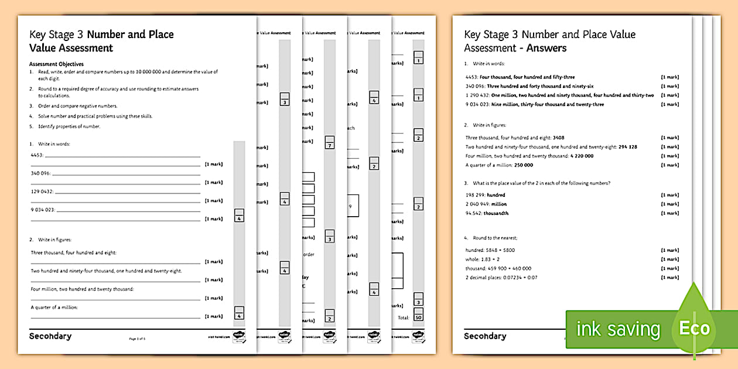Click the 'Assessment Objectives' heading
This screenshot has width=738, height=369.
click(x=56, y=64)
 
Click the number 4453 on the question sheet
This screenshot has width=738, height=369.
click(x=37, y=155)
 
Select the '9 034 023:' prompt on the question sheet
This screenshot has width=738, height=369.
click(x=42, y=210)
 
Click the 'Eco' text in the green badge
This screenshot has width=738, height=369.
click(x=694, y=329)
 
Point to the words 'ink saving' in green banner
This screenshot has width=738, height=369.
click(x=618, y=329)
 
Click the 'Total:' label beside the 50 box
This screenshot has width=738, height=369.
click(x=403, y=317)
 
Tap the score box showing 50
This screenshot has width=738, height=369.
click(x=418, y=317)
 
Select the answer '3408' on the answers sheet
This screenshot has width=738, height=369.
click(x=559, y=138)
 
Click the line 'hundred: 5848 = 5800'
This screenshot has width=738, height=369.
click(x=490, y=250)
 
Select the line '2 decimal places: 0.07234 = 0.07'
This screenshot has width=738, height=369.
click(x=501, y=278)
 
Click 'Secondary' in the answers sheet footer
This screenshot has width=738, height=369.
click(x=485, y=336)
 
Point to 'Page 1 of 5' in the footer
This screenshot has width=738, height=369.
click(x=136, y=339)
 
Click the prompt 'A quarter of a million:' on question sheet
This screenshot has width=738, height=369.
click(x=54, y=307)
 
